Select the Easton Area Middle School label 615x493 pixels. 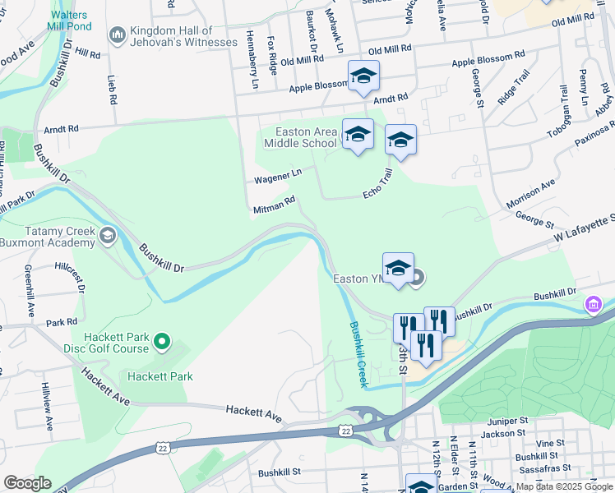coord(300,137)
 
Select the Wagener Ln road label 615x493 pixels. coord(278,175)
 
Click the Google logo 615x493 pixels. coord(27,482)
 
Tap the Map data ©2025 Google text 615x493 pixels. coord(563,487)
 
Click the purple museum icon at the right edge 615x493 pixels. coord(593,306)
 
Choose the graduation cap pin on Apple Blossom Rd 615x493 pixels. coord(363,77)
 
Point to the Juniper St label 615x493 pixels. coord(505,420)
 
